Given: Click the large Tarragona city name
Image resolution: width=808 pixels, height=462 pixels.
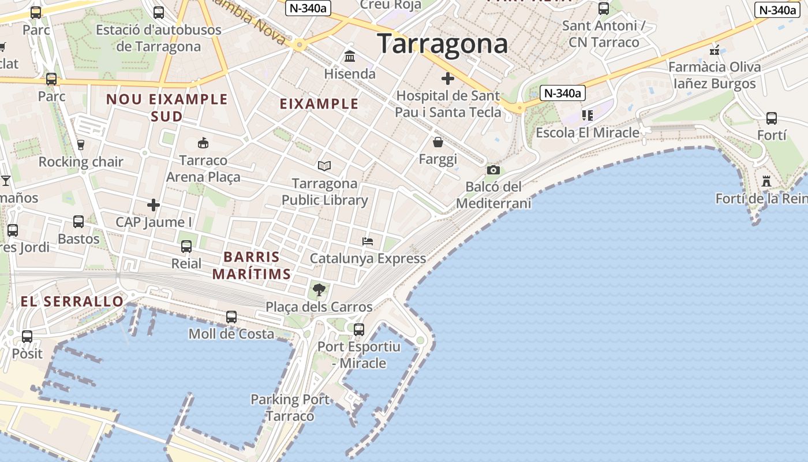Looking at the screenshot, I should coord(443,44).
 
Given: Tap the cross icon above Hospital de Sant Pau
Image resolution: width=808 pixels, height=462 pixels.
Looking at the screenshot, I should coord(448,79).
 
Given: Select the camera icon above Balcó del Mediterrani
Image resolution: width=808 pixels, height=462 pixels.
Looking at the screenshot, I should coord(493,170).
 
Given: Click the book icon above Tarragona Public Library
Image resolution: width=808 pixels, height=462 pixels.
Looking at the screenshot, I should coord(324,166).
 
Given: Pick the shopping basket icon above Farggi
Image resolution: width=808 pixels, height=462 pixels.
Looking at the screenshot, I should coord(438,142).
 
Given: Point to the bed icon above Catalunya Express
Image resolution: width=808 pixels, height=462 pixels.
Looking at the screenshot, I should coord(368,241).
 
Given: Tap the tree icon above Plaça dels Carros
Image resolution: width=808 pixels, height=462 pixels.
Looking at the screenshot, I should coord(319,289).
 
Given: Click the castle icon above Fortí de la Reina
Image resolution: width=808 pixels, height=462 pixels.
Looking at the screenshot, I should coord(766,181).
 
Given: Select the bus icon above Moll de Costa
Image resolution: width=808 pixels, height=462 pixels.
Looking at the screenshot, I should coord(231,316).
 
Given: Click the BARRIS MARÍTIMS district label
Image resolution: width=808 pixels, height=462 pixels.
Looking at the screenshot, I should coord(252,266).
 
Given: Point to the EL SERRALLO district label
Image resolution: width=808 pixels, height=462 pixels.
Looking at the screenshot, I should coord(72,301).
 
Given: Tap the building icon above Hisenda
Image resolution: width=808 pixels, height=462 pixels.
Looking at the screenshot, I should coord(350,57).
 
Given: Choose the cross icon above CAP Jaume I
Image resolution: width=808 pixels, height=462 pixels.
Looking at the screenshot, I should coord(154,205).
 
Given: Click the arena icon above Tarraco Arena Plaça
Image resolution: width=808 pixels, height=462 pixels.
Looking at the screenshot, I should coord(203,143).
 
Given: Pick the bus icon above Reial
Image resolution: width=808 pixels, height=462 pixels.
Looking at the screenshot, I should coord(186,247).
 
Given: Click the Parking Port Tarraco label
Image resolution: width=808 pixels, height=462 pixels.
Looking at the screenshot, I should coord(290,408).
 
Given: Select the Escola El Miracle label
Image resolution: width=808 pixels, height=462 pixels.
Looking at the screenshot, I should coord(588,133).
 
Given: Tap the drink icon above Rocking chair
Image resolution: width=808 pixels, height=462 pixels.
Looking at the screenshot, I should coord(81,144).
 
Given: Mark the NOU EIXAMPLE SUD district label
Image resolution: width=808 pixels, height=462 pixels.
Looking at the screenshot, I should coord(167,107).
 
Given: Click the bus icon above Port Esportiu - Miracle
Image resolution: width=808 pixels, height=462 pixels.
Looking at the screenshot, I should coord(359,330).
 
